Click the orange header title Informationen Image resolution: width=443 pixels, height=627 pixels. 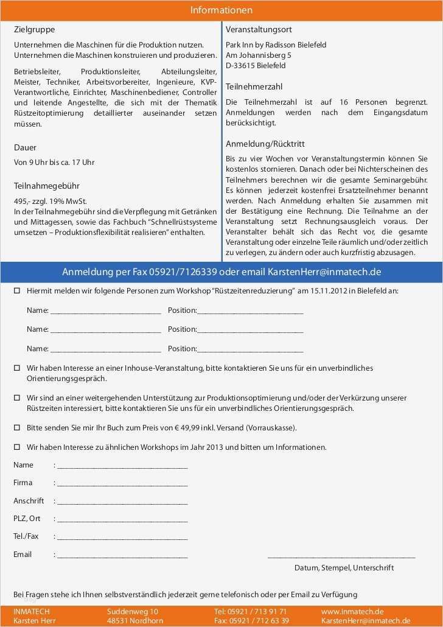(x=221, y=10)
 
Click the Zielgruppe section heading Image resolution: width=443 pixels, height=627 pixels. (x=34, y=29)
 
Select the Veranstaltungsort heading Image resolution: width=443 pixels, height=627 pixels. (x=259, y=29)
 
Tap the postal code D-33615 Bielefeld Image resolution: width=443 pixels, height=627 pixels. (x=256, y=65)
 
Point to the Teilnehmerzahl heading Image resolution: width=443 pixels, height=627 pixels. (x=254, y=86)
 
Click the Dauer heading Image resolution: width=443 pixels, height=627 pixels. (x=25, y=147)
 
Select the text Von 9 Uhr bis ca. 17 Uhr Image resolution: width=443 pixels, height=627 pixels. (x=54, y=163)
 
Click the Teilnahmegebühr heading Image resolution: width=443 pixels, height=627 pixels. (x=47, y=186)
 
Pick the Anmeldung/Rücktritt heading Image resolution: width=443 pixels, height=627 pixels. (x=265, y=144)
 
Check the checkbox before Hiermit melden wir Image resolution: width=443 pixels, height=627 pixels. (x=17, y=291)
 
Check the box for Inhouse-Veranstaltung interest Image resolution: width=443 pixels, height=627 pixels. (x=17, y=368)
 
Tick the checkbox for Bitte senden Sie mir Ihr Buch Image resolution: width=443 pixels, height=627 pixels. (x=17, y=428)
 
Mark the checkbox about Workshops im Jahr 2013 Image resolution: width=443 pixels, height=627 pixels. (x=17, y=447)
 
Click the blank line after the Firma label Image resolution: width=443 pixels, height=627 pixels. (x=122, y=485)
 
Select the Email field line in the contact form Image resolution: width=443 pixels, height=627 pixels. (x=122, y=556)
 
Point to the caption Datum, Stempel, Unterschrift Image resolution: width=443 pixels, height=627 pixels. (x=344, y=568)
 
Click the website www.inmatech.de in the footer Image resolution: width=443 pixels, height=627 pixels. (x=352, y=611)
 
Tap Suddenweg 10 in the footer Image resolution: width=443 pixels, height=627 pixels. (x=133, y=611)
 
